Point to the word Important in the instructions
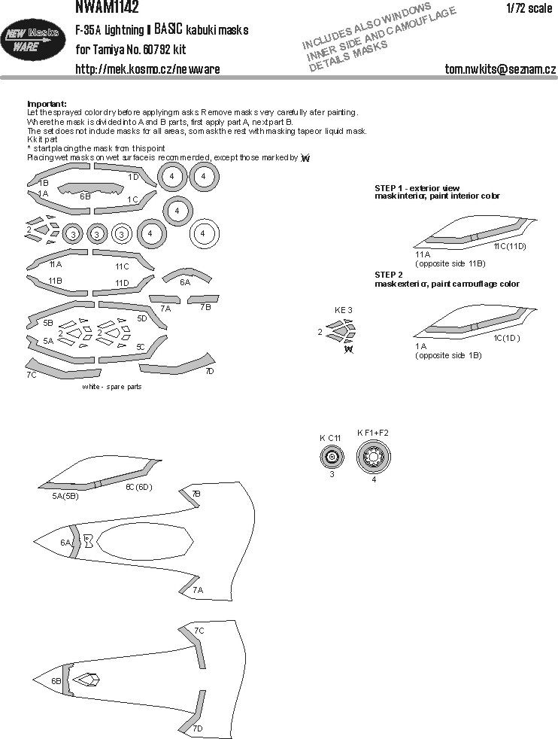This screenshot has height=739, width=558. point(47,103)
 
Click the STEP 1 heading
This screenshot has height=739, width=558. point(417,187)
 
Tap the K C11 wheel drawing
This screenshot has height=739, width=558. point(328,455)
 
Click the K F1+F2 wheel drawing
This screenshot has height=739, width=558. point(372,455)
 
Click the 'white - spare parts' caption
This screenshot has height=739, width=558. point(111,386)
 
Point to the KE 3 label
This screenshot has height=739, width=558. point(343,309)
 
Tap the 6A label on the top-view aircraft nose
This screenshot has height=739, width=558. point(65,542)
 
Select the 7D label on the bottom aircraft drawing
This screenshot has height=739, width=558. point(197,728)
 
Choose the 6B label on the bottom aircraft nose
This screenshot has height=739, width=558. point(56,680)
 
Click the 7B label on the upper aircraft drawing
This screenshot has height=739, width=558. point(196,494)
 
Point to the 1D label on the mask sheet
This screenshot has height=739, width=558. point(133,177)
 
